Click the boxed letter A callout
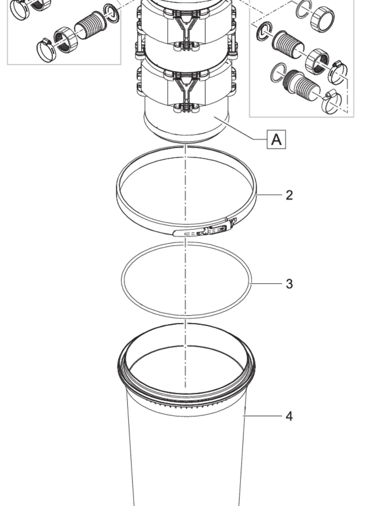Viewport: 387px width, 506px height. (276, 139)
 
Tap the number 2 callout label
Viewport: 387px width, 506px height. (289, 195)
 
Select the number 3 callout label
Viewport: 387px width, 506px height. (289, 284)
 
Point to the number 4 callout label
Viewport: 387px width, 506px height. (289, 416)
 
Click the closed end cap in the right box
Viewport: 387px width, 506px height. (322, 20)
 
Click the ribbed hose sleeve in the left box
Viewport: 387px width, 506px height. (91, 25)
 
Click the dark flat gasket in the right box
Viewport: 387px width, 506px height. (264, 31)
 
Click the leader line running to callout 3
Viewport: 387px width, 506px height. (267, 283)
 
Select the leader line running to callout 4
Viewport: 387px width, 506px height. (263, 416)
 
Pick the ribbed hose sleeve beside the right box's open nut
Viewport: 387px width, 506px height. (288, 44)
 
